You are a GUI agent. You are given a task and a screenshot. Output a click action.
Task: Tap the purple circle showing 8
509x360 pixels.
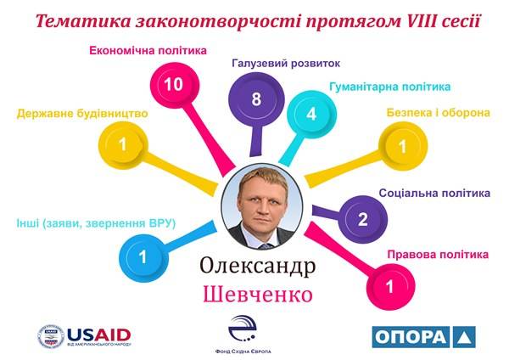pos(256,99)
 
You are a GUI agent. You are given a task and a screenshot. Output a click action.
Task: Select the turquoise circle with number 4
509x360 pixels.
pos(311,115)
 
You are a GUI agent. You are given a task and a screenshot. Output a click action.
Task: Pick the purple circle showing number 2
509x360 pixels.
pos(362,219)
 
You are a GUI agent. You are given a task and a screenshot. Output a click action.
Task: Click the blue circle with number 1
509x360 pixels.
pos(143,257)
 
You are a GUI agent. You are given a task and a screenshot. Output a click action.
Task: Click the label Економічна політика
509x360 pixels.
pos(148,51)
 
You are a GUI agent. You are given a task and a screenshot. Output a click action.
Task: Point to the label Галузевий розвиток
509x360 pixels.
pos(286,63)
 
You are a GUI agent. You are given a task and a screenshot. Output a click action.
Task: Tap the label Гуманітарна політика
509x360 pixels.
pos(390,87)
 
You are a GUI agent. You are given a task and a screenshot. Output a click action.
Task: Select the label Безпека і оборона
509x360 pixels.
pos(439,113)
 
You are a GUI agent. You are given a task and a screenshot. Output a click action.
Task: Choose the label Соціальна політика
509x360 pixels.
pos(434,193)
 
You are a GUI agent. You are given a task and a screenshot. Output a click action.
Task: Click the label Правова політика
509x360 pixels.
pos(438,254)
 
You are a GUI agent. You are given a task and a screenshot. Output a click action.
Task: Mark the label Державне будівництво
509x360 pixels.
pos(82,114)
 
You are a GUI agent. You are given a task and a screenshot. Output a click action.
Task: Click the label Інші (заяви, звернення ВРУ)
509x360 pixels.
pos(96,223)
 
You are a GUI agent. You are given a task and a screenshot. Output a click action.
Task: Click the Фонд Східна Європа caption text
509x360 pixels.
pos(243,352)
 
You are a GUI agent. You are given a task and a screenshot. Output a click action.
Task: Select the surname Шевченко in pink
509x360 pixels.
pos(258,295)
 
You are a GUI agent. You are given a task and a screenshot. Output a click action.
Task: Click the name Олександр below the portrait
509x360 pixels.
pos(258,267)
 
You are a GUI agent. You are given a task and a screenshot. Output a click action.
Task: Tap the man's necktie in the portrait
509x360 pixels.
pos(266,245)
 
